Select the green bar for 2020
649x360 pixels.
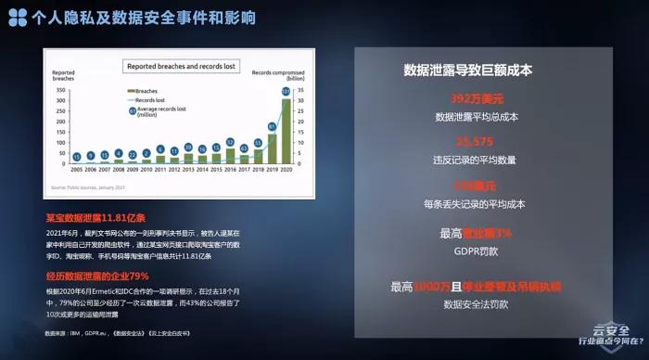point(286,130)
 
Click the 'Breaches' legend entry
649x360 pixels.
point(149,91)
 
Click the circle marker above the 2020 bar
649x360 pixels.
point(286,92)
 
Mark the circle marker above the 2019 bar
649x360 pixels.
point(272,126)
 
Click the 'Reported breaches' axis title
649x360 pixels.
point(63,76)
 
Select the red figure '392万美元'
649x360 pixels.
point(477,98)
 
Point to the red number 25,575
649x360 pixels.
point(477,142)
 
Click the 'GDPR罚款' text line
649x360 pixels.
point(477,251)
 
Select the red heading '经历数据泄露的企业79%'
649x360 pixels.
point(97,276)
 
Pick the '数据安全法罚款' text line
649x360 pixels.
point(477,303)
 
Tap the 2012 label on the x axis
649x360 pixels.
point(160,170)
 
